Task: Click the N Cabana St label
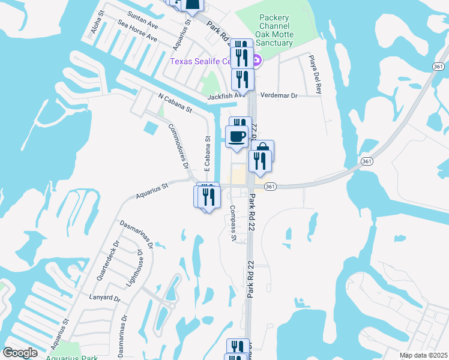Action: tap(175, 103)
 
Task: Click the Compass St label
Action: tap(232, 223)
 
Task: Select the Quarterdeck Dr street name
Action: tap(108, 261)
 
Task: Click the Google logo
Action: tap(20, 353)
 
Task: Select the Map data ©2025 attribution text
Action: tap(423, 355)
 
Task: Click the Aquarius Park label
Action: tap(72, 358)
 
